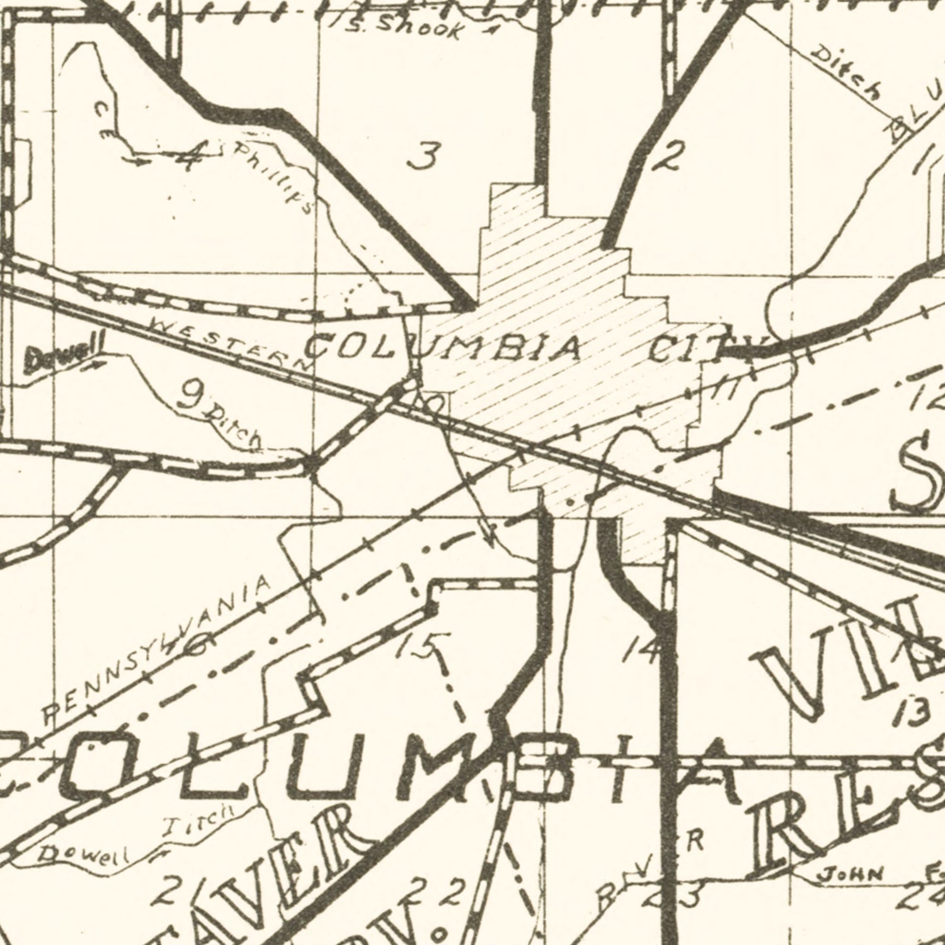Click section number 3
423,157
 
